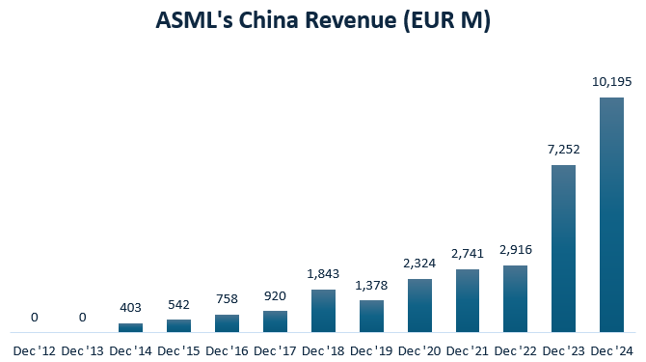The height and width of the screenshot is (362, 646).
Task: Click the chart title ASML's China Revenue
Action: pyautogui.click(x=323, y=21)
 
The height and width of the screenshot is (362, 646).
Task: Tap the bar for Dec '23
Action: pyautogui.click(x=564, y=248)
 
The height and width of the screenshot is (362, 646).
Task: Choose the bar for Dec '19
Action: pyautogui.click(x=371, y=316)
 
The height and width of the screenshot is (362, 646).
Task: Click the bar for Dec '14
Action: pyautogui.click(x=130, y=327)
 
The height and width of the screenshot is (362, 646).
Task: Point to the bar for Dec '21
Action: pyautogui.click(x=468, y=300)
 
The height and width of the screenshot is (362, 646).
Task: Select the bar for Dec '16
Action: pyautogui.click(x=227, y=322)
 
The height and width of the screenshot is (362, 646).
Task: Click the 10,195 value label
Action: pyautogui.click(x=612, y=83)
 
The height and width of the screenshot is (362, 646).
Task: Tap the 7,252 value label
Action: pyautogui.click(x=564, y=151)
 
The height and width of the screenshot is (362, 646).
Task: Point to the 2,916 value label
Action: pyautogui.click(x=516, y=250)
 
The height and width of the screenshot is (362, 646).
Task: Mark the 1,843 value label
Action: pyautogui.click(x=323, y=275)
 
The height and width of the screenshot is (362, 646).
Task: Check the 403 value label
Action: pyautogui.click(x=130, y=308)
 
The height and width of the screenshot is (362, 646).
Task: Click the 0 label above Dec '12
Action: pyautogui.click(x=34, y=317)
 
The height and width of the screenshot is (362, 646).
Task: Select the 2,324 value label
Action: pyautogui.click(x=419, y=264)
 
